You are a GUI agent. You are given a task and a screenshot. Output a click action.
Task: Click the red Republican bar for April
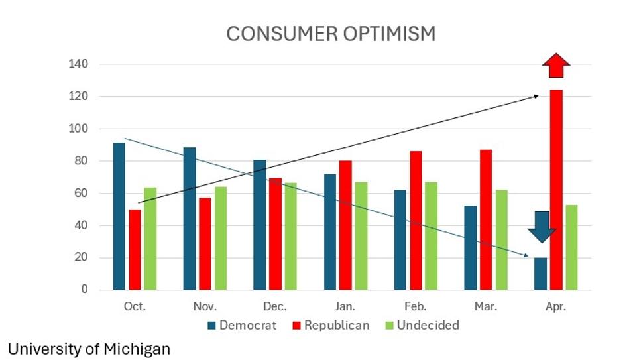[555, 190]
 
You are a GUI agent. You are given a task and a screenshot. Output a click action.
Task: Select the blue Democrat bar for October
[119, 216]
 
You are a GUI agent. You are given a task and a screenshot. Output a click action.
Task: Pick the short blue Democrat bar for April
[540, 273]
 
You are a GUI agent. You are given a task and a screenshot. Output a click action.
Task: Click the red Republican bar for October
[135, 249]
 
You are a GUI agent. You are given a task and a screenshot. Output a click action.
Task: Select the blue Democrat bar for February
[400, 239]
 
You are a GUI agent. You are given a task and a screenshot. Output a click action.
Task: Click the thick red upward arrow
[555, 66]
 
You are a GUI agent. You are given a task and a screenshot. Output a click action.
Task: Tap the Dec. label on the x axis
[274, 307]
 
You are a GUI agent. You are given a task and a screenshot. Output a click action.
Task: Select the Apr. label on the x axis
[555, 307]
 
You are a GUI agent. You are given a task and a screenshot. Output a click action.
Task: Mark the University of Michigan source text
[89, 349]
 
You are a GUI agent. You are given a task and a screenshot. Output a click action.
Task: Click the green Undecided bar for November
[219, 238]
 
